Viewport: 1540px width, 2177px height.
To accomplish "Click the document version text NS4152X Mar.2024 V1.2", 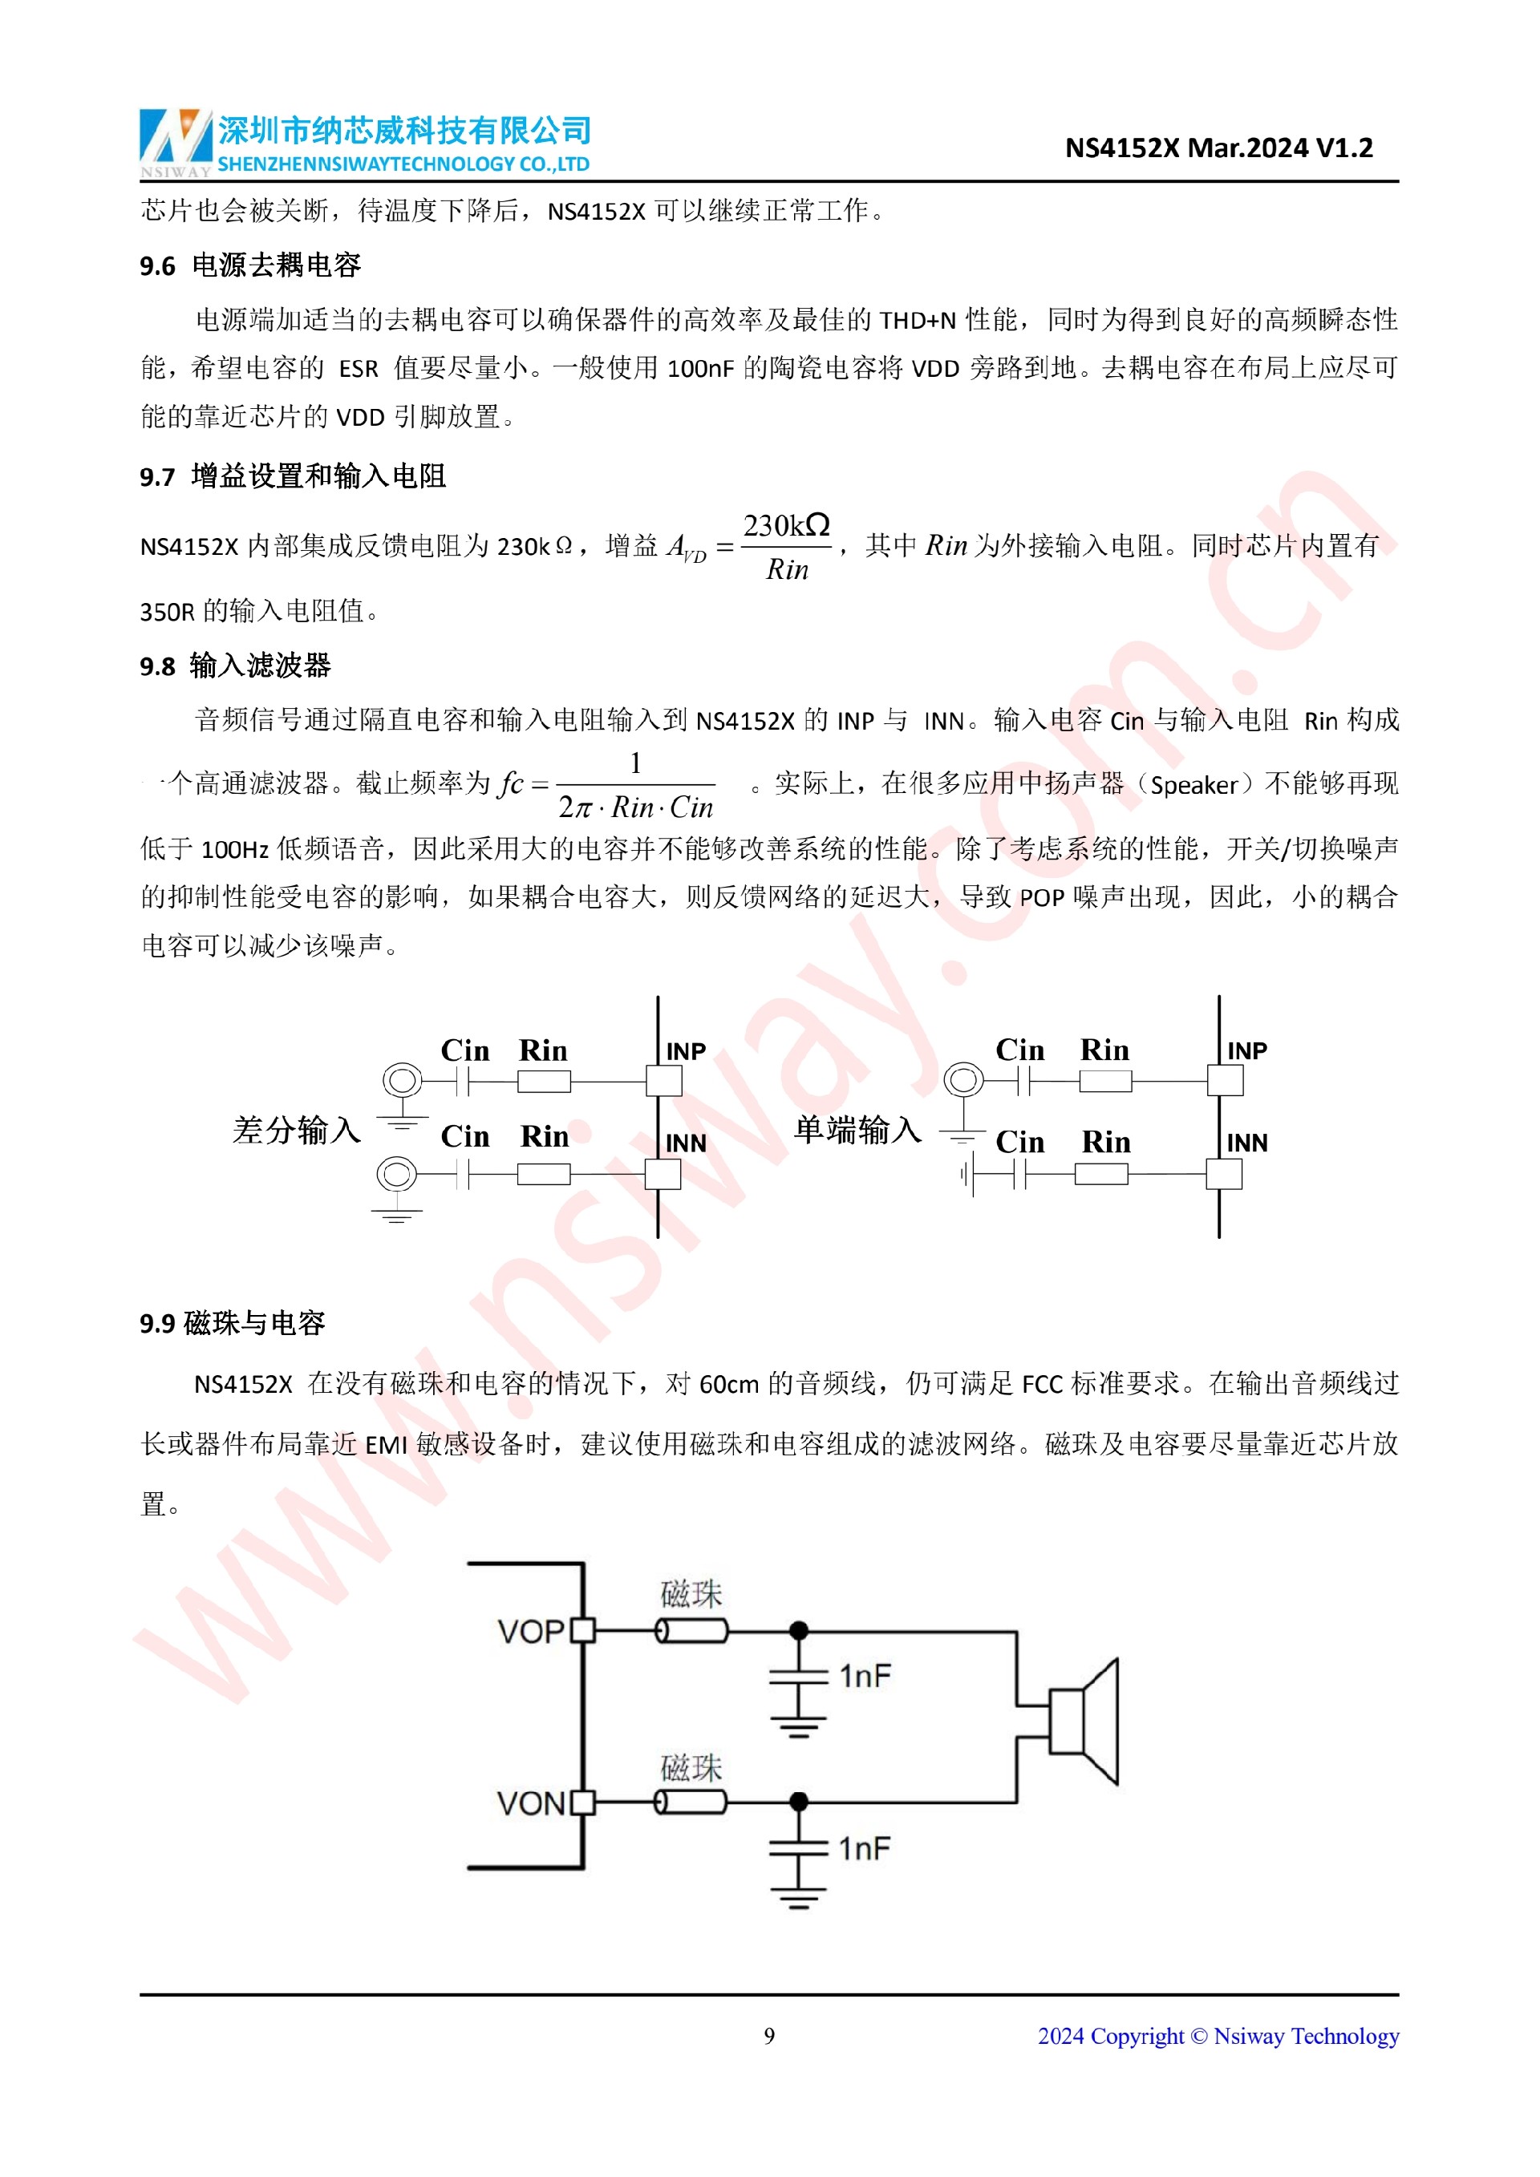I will coord(1218,148).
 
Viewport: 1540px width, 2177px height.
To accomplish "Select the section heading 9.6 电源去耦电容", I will coord(250,265).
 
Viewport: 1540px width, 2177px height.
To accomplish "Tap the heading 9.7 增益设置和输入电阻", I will coord(293,476).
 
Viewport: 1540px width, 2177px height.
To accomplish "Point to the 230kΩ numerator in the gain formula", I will coord(786,525).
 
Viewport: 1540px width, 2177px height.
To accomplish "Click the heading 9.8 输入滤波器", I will coord(235,666).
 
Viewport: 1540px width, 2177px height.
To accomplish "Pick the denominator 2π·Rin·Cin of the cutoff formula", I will coord(635,807).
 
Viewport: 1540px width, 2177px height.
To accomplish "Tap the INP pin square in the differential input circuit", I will coord(664,1081).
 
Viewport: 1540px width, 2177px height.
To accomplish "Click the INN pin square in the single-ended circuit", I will coord(1224,1175).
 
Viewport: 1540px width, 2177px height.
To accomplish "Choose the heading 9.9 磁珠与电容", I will coord(233,1323).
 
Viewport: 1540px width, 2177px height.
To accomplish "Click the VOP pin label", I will coord(531,1632).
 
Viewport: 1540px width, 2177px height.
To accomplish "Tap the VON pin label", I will coord(531,1803).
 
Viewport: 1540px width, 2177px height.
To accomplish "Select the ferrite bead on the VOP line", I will coord(692,1631).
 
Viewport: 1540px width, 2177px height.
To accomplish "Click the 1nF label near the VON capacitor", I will coord(865,1848).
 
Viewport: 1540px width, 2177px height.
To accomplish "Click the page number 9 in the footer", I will coord(769,2036).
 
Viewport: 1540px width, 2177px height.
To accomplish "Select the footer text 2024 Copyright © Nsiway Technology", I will coord(1218,2036).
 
